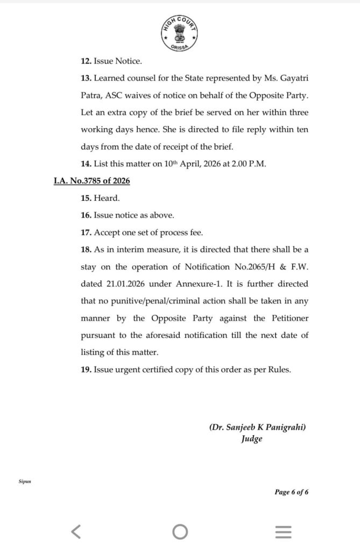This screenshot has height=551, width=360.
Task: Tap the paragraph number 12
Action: pyautogui.click(x=86, y=61)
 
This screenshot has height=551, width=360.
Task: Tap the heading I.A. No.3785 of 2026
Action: pyautogui.click(x=91, y=181)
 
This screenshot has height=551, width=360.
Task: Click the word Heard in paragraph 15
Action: pyautogui.click(x=106, y=198)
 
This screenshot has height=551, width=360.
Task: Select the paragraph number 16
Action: pyautogui.click(x=86, y=215)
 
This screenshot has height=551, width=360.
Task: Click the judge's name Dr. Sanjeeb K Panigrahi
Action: pyautogui.click(x=258, y=428)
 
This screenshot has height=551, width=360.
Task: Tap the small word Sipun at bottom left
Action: pyautogui.click(x=25, y=482)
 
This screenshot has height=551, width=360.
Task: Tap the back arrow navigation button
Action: pyautogui.click(x=76, y=532)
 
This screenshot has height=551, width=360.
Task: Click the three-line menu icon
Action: pyautogui.click(x=283, y=532)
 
